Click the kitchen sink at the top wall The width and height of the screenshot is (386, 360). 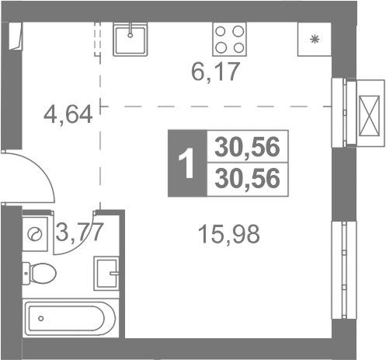[130, 39]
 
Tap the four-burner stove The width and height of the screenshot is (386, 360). [230, 39]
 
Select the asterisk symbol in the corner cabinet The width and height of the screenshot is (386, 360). [315, 40]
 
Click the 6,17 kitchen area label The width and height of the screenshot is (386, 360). [215, 72]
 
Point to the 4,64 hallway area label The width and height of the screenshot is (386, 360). [68, 114]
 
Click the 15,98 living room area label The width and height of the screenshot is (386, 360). [228, 234]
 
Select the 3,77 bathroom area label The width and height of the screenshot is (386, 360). [80, 232]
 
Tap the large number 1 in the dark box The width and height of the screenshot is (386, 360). [186, 163]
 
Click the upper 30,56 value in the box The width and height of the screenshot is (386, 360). [247, 147]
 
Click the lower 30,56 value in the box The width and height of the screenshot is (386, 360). [247, 178]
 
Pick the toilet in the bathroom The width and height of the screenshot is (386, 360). [39, 273]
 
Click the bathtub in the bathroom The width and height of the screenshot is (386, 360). [69, 318]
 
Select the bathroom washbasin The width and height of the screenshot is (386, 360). [106, 273]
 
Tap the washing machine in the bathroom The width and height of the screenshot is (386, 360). [35, 234]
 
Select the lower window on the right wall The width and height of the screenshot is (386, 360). [344, 270]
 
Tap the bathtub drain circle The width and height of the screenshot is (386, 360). [40, 318]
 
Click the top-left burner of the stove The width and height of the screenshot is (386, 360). [221, 32]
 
